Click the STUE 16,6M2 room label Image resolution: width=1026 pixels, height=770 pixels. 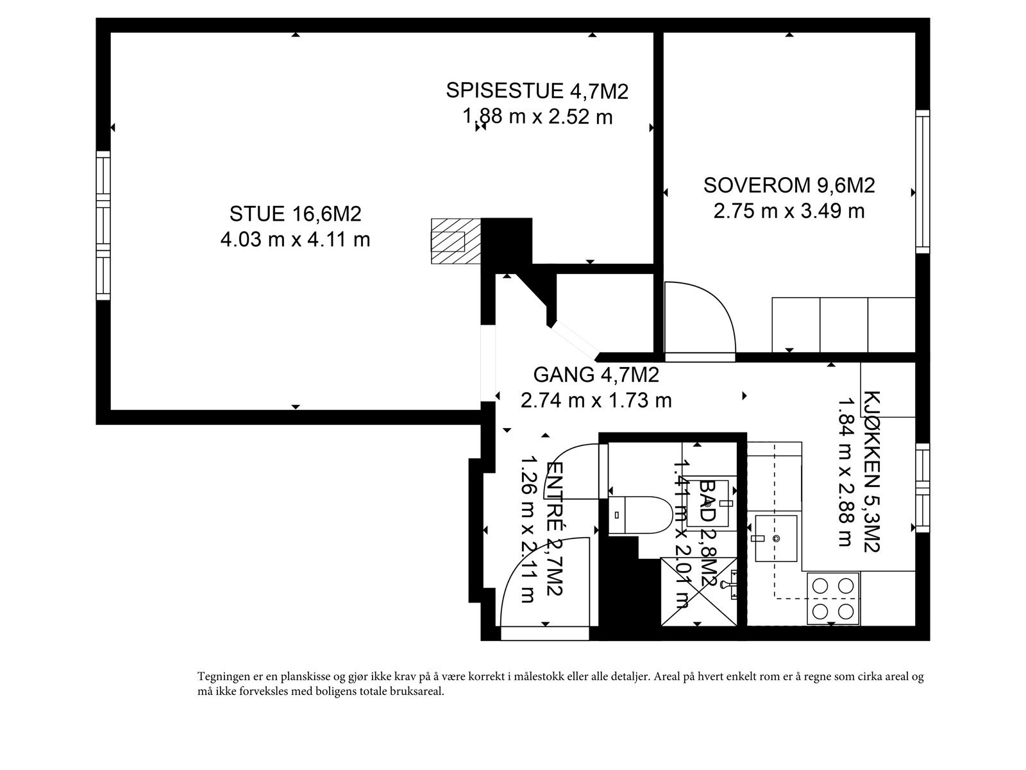pyautogui.click(x=295, y=213)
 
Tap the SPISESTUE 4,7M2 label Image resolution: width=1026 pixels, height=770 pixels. pyautogui.click(x=537, y=90)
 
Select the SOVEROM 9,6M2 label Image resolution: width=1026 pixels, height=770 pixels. pyautogui.click(x=789, y=185)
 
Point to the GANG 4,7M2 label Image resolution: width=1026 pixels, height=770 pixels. pyautogui.click(x=596, y=374)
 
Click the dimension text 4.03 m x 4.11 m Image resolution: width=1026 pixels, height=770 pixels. pyautogui.click(x=295, y=240)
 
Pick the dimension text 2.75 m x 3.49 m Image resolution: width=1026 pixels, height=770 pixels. pyautogui.click(x=789, y=210)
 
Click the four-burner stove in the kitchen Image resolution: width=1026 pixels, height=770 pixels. pyautogui.click(x=833, y=597)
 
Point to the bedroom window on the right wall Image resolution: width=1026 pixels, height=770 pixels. pyautogui.click(x=922, y=180)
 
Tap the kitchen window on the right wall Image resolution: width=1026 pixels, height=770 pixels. pyautogui.click(x=922, y=487)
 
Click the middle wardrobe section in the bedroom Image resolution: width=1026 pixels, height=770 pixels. pyautogui.click(x=844, y=325)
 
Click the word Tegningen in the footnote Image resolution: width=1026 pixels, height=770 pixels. pyautogui.click(x=221, y=677)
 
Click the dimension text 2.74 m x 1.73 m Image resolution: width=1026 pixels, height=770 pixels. pyautogui.click(x=596, y=400)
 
